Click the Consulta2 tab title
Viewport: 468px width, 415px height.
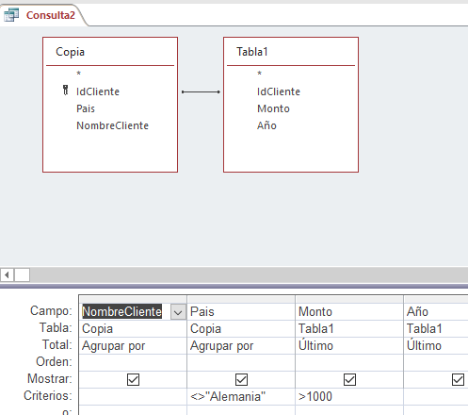tap(51, 15)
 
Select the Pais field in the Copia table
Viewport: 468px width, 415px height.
tap(86, 108)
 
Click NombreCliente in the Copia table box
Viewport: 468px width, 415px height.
tap(112, 125)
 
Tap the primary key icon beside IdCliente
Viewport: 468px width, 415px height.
tap(65, 90)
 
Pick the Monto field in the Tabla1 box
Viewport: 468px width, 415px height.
tap(273, 108)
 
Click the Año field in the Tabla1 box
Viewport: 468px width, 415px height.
tap(266, 125)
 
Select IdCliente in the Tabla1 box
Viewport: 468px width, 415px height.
tap(279, 91)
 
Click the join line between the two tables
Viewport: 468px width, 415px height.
tap(201, 91)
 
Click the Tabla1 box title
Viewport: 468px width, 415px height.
tap(252, 52)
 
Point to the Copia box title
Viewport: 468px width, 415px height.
tap(70, 52)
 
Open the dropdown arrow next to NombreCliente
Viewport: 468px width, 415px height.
tap(178, 312)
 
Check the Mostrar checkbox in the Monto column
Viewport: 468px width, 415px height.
tap(349, 379)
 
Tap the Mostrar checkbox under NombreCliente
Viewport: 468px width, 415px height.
tap(133, 379)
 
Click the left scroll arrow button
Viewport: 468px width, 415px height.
tap(7, 275)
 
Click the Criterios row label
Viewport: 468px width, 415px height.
tap(48, 396)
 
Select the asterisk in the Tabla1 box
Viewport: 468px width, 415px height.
tap(259, 74)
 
